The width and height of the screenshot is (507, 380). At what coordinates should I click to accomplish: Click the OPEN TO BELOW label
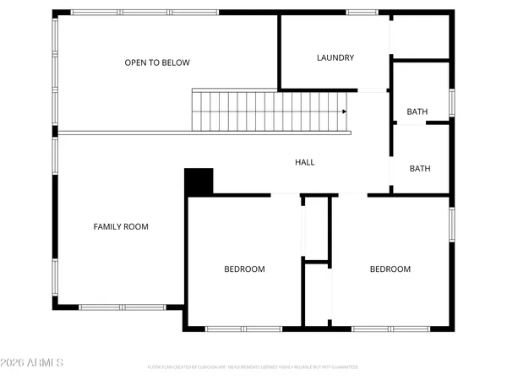157,62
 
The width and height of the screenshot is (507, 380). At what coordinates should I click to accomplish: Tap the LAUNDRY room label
335,58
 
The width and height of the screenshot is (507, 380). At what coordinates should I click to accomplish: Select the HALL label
304,162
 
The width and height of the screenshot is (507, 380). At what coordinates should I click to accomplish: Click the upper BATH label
417,111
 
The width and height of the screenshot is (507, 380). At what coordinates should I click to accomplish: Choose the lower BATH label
420,168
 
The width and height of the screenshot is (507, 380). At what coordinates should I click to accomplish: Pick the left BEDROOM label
244,269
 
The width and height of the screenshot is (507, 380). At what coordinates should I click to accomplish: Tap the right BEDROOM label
390,269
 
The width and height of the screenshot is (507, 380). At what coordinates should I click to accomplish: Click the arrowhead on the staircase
344,111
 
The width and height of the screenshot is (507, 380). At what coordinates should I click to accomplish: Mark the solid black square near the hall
199,182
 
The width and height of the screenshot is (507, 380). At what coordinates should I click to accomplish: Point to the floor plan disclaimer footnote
253,367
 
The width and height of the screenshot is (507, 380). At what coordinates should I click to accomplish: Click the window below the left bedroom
243,328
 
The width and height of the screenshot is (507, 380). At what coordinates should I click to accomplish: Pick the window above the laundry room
362,12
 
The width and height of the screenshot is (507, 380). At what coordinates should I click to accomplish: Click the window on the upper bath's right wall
452,102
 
